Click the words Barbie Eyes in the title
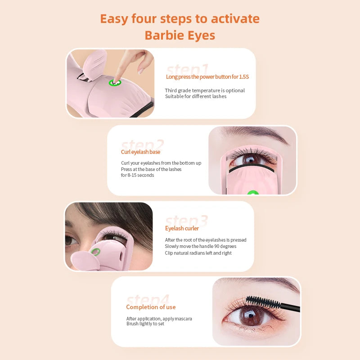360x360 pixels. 180,35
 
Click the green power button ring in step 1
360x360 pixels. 115,83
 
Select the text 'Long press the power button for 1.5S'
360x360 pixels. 207,77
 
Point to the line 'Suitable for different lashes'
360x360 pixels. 195,96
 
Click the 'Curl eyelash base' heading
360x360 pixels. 140,152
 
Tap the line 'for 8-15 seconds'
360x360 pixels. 137,175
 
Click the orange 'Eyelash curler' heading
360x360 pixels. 182,229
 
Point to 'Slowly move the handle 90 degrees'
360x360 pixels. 200,246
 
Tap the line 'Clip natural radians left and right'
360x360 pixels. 198,253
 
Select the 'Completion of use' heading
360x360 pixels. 151,307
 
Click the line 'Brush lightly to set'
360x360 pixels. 145,324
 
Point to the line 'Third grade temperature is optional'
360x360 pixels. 205,90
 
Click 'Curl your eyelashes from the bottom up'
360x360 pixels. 161,163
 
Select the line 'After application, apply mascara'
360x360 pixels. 159,319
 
